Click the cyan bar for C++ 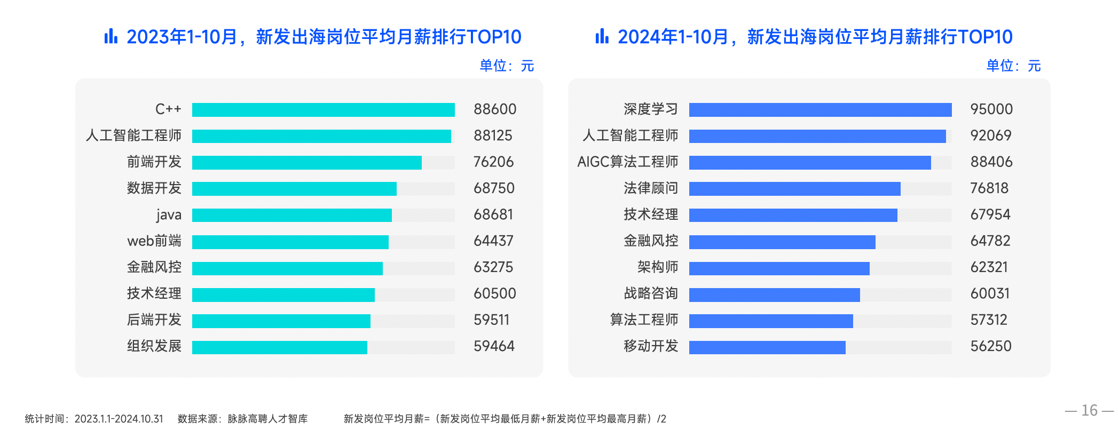click(x=323, y=110)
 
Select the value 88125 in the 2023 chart click(x=493, y=136)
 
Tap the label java click(x=169, y=215)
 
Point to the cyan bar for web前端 click(x=290, y=242)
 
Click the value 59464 click(x=494, y=346)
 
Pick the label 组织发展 click(x=154, y=346)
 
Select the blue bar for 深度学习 click(x=820, y=110)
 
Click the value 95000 click(x=991, y=109)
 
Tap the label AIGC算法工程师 click(x=627, y=162)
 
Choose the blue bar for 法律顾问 click(x=794, y=189)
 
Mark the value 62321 click(x=989, y=267)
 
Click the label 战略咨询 click(x=651, y=293)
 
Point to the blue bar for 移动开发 click(x=767, y=347)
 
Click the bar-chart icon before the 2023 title click(x=111, y=36)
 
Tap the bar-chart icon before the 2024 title click(x=602, y=36)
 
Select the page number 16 click(x=1089, y=410)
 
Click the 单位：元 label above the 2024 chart click(x=1013, y=66)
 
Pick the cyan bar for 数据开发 click(x=294, y=189)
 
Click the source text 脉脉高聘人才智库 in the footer click(x=267, y=419)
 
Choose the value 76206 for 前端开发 click(x=493, y=162)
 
